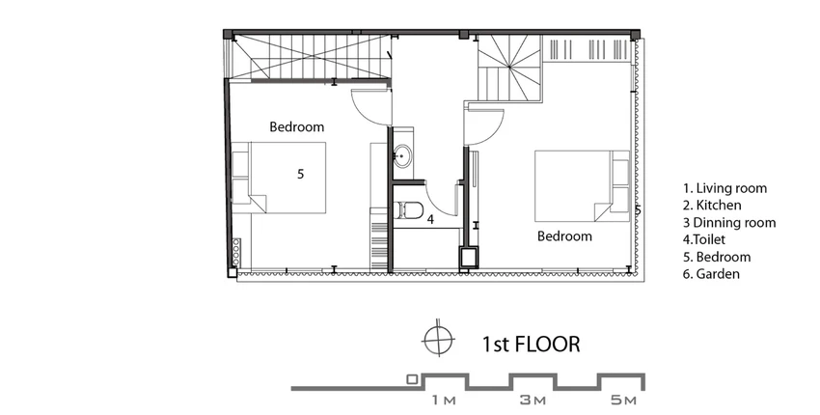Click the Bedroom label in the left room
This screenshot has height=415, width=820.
[x=296, y=126]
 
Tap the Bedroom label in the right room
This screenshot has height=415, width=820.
[x=564, y=236]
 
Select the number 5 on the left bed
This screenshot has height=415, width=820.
[x=300, y=174]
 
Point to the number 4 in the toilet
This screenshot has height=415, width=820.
[x=430, y=219]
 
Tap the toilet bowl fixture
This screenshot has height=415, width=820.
[x=411, y=209]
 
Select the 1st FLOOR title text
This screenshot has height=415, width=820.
[x=531, y=345]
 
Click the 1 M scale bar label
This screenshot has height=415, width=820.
[x=444, y=401]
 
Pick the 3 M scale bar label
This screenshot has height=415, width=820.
[x=533, y=401]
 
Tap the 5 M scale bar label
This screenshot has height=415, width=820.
[x=624, y=401]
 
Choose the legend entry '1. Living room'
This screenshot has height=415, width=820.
[x=724, y=188]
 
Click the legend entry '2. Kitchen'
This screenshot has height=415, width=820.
[x=712, y=206]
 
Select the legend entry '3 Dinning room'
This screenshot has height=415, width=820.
[x=729, y=222]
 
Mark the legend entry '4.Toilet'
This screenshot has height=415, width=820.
[x=704, y=239]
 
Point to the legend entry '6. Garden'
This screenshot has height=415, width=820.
[x=711, y=274]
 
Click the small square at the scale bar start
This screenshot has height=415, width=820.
[x=413, y=380]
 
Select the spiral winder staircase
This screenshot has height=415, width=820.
[x=510, y=67]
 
